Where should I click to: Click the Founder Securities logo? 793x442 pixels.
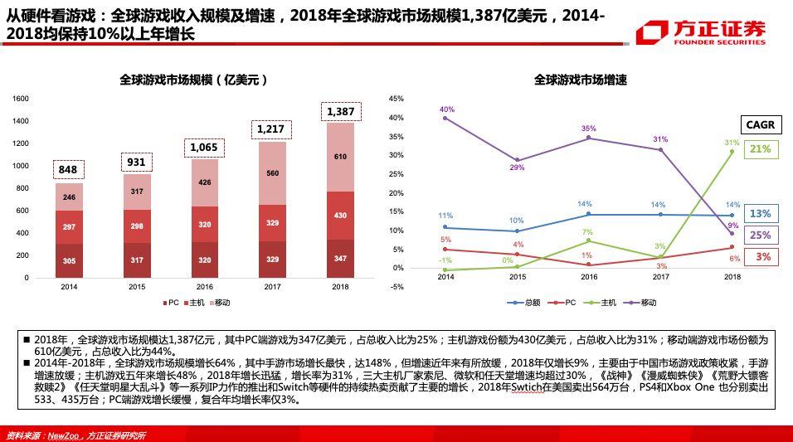click(701, 32)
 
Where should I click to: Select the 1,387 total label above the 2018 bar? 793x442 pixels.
click(340, 112)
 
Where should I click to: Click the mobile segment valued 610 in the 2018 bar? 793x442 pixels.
click(340, 157)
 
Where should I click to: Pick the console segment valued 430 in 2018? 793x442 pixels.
click(340, 216)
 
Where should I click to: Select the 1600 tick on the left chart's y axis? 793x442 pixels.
click(21, 99)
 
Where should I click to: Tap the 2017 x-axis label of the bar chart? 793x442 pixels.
click(273, 287)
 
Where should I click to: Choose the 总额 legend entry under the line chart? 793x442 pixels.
click(526, 303)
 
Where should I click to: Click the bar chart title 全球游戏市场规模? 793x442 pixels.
click(193, 80)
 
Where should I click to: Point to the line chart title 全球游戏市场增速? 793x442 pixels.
click(580, 80)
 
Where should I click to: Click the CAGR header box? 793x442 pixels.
click(760, 125)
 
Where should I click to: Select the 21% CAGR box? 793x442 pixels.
click(760, 149)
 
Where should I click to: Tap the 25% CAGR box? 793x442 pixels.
click(760, 236)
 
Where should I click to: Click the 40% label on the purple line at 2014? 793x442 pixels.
click(447, 109)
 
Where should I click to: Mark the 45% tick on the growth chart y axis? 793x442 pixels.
click(396, 99)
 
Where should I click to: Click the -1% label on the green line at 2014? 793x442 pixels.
click(445, 260)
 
